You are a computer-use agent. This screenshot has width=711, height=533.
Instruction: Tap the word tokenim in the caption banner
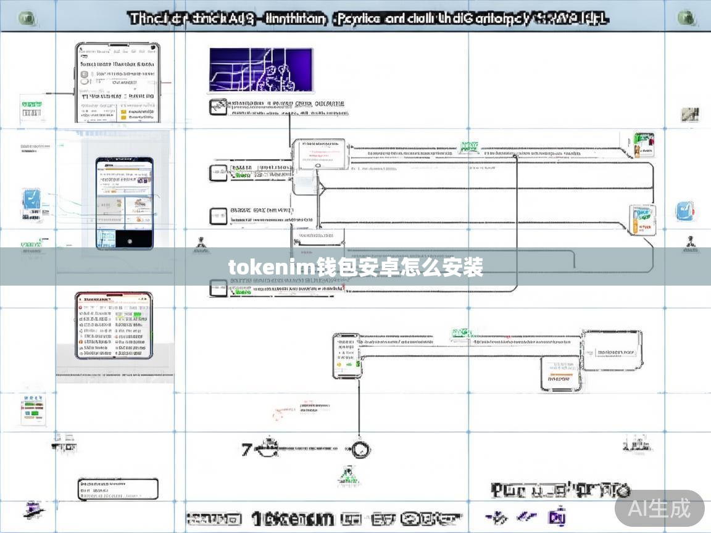click(x=272, y=268)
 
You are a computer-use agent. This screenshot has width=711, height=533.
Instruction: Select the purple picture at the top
click(x=261, y=70)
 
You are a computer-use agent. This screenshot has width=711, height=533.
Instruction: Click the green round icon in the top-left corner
click(x=27, y=18)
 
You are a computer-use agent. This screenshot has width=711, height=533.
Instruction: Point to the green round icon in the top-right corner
click(x=686, y=18)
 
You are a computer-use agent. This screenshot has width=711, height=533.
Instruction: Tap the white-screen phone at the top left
click(x=117, y=82)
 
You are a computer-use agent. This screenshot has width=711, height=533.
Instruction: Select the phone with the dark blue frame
click(x=124, y=203)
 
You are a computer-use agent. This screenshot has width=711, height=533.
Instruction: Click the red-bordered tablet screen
click(x=114, y=325)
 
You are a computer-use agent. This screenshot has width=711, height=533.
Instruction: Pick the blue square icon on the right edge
click(x=684, y=211)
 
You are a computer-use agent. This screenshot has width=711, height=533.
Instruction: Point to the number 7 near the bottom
click(x=246, y=449)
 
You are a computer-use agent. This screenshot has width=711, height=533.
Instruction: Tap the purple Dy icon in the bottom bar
click(x=557, y=517)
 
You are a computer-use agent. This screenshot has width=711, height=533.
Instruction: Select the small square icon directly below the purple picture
click(x=218, y=106)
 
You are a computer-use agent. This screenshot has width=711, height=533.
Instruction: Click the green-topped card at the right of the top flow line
click(x=644, y=144)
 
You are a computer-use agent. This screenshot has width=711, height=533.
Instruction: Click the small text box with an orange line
click(x=560, y=374)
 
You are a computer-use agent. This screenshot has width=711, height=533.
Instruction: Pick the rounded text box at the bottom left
click(x=118, y=489)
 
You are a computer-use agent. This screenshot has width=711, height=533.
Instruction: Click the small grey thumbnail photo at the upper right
click(x=689, y=114)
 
